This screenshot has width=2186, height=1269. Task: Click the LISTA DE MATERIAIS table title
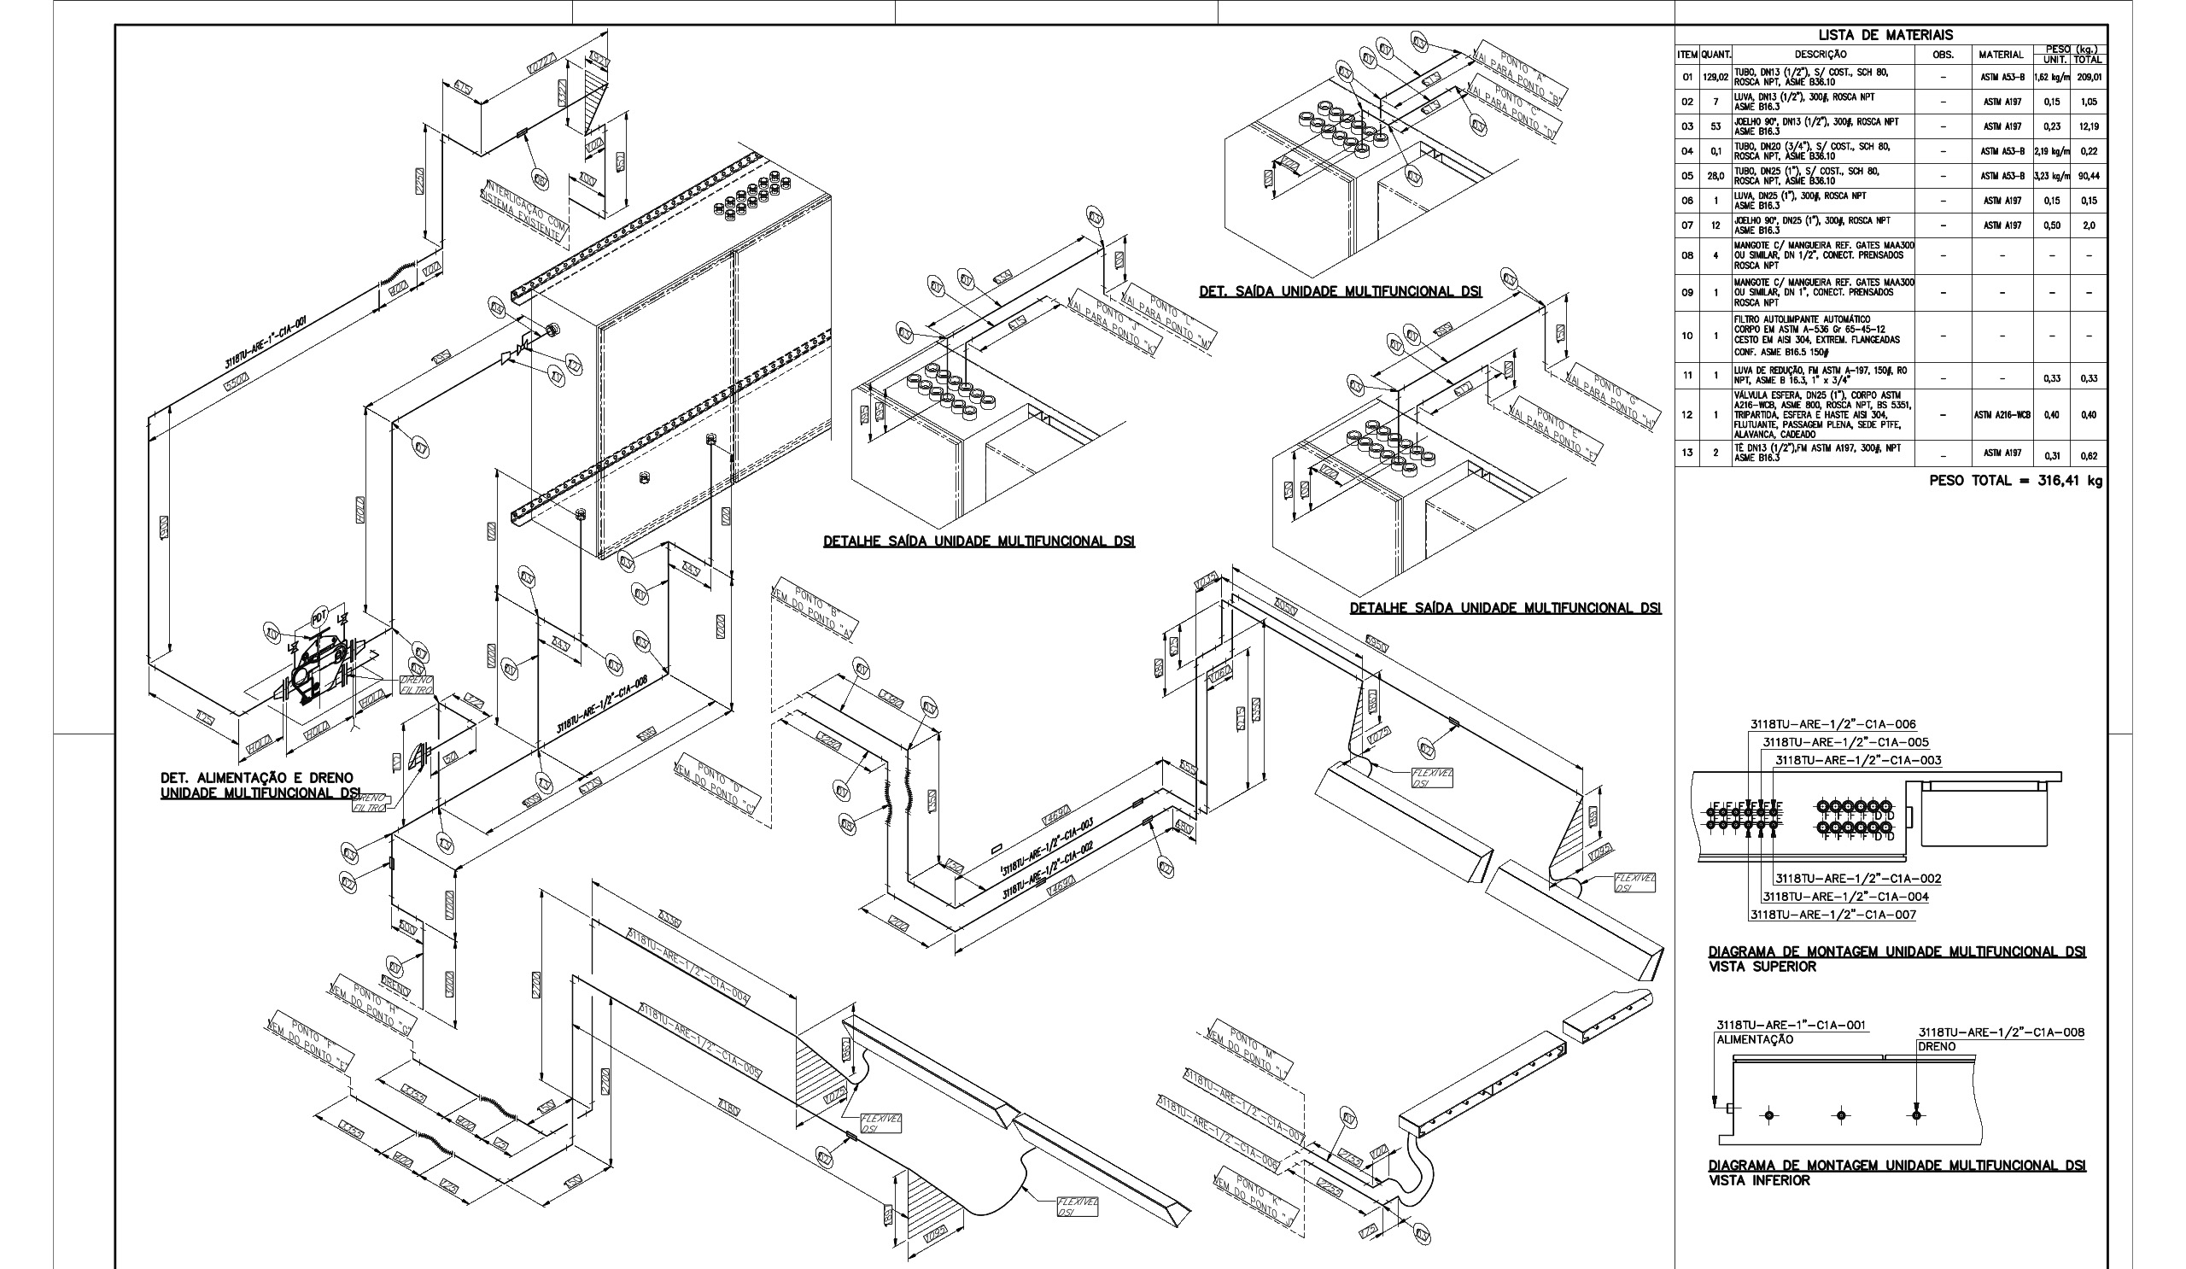1891,36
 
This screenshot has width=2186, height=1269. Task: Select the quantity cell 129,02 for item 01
1715,77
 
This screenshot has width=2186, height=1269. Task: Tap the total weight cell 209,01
2089,77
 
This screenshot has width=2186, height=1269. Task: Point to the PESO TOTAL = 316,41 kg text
2016,481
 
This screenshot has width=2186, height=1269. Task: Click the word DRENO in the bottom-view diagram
1937,1047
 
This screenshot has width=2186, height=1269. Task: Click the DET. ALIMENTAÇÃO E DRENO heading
257,778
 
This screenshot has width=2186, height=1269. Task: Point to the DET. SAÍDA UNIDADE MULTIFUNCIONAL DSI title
1341,292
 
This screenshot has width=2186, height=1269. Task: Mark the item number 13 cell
1687,453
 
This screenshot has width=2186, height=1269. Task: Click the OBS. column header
1944,55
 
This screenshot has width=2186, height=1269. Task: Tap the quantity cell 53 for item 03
1715,126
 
